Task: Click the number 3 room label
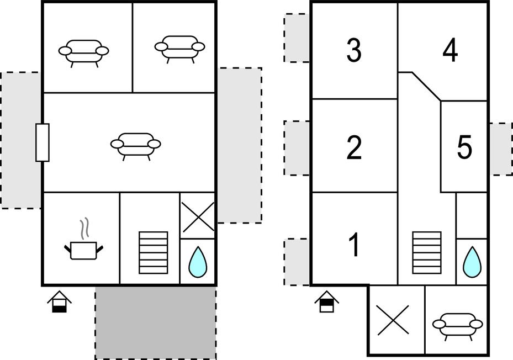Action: (354, 50)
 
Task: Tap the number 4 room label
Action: (451, 51)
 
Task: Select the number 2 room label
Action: (354, 148)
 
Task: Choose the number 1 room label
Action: (354, 245)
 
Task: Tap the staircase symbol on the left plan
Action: (153, 252)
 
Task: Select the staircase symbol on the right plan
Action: (427, 252)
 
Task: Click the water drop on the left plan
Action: (198, 262)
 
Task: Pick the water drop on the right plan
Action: (472, 262)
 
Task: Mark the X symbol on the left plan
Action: (198, 216)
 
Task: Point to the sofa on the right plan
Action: (457, 324)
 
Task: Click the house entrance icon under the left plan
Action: (59, 301)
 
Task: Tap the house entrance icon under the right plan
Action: (327, 301)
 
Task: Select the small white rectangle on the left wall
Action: (43, 142)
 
